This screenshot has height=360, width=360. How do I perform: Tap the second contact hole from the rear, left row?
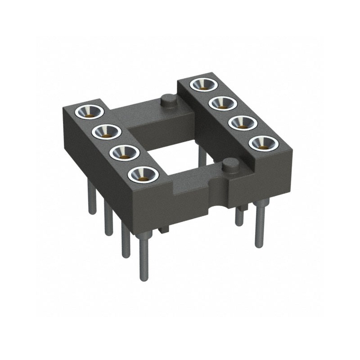click(x=107, y=132)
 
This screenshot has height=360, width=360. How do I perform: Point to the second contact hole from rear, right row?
click(x=223, y=103)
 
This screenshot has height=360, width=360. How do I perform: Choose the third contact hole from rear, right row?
click(x=243, y=122)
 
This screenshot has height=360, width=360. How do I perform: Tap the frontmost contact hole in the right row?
click(x=263, y=143)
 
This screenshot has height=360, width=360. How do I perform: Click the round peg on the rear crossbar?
click(x=168, y=100)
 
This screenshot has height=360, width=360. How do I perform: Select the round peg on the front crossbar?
click(x=230, y=165)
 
